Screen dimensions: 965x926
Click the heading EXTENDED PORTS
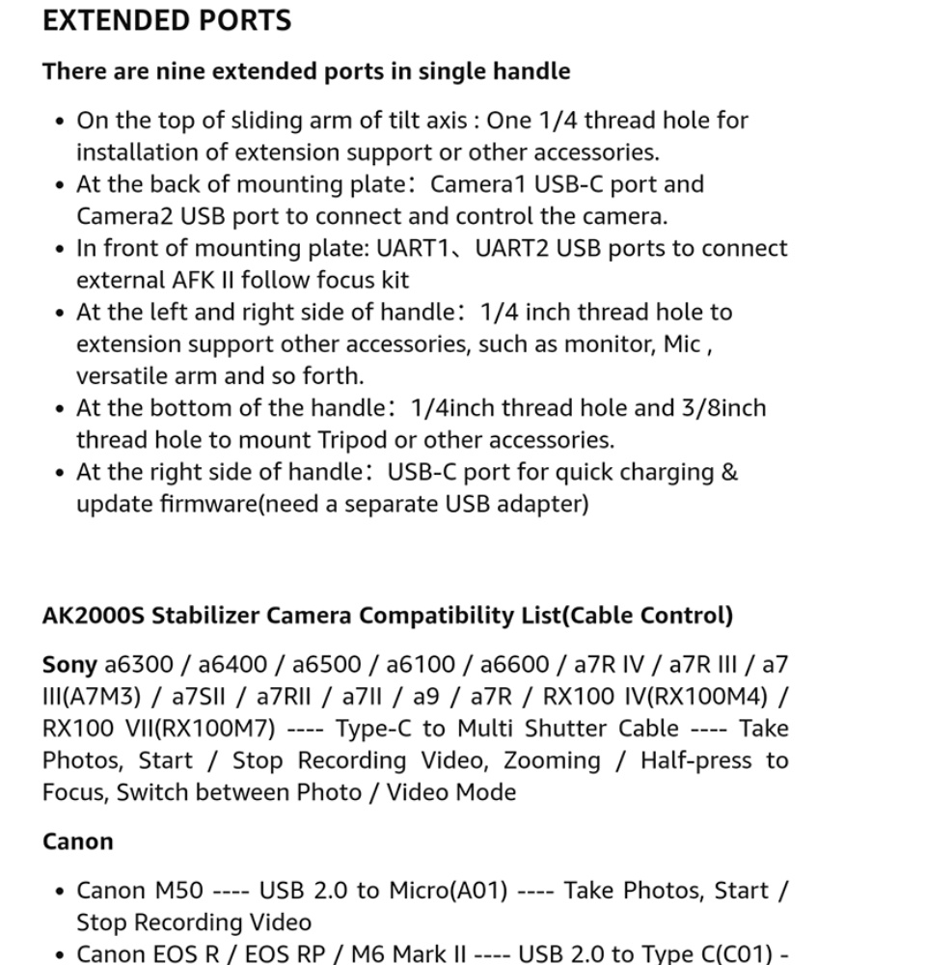click(x=167, y=20)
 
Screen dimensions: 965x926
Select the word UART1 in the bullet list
click(x=422, y=248)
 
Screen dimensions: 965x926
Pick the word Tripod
click(x=353, y=440)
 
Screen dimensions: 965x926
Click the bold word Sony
click(x=69, y=664)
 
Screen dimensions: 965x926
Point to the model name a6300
click(x=139, y=664)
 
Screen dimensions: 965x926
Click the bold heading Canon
click(x=77, y=841)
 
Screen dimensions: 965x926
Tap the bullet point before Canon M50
click(x=61, y=892)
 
